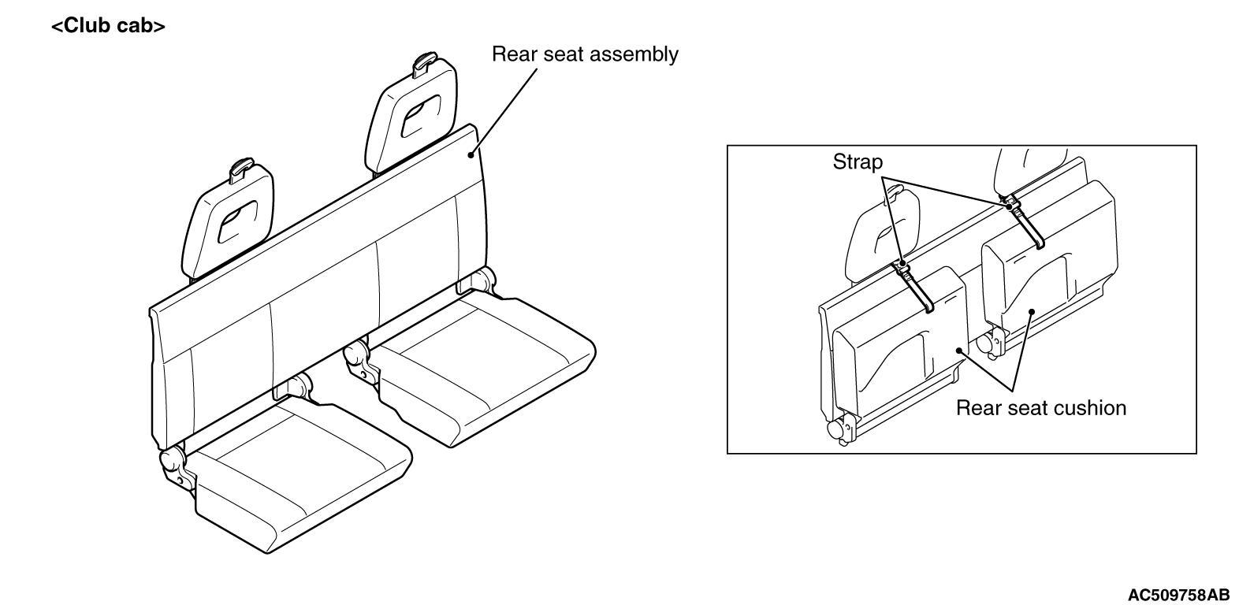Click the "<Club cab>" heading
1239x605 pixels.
[x=108, y=26]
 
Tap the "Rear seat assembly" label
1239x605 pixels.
[x=585, y=54]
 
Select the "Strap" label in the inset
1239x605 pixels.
[x=858, y=161]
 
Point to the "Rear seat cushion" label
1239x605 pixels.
[x=1041, y=408]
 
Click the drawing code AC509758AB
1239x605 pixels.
[x=1179, y=595]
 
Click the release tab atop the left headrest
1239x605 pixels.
[x=242, y=169]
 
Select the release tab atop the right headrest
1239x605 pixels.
[x=425, y=64]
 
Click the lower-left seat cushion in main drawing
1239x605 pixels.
[x=301, y=476]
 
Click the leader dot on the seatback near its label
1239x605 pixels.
[x=471, y=155]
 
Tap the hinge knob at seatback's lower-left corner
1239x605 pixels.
[x=172, y=459]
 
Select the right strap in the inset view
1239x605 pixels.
[x=1024, y=222]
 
